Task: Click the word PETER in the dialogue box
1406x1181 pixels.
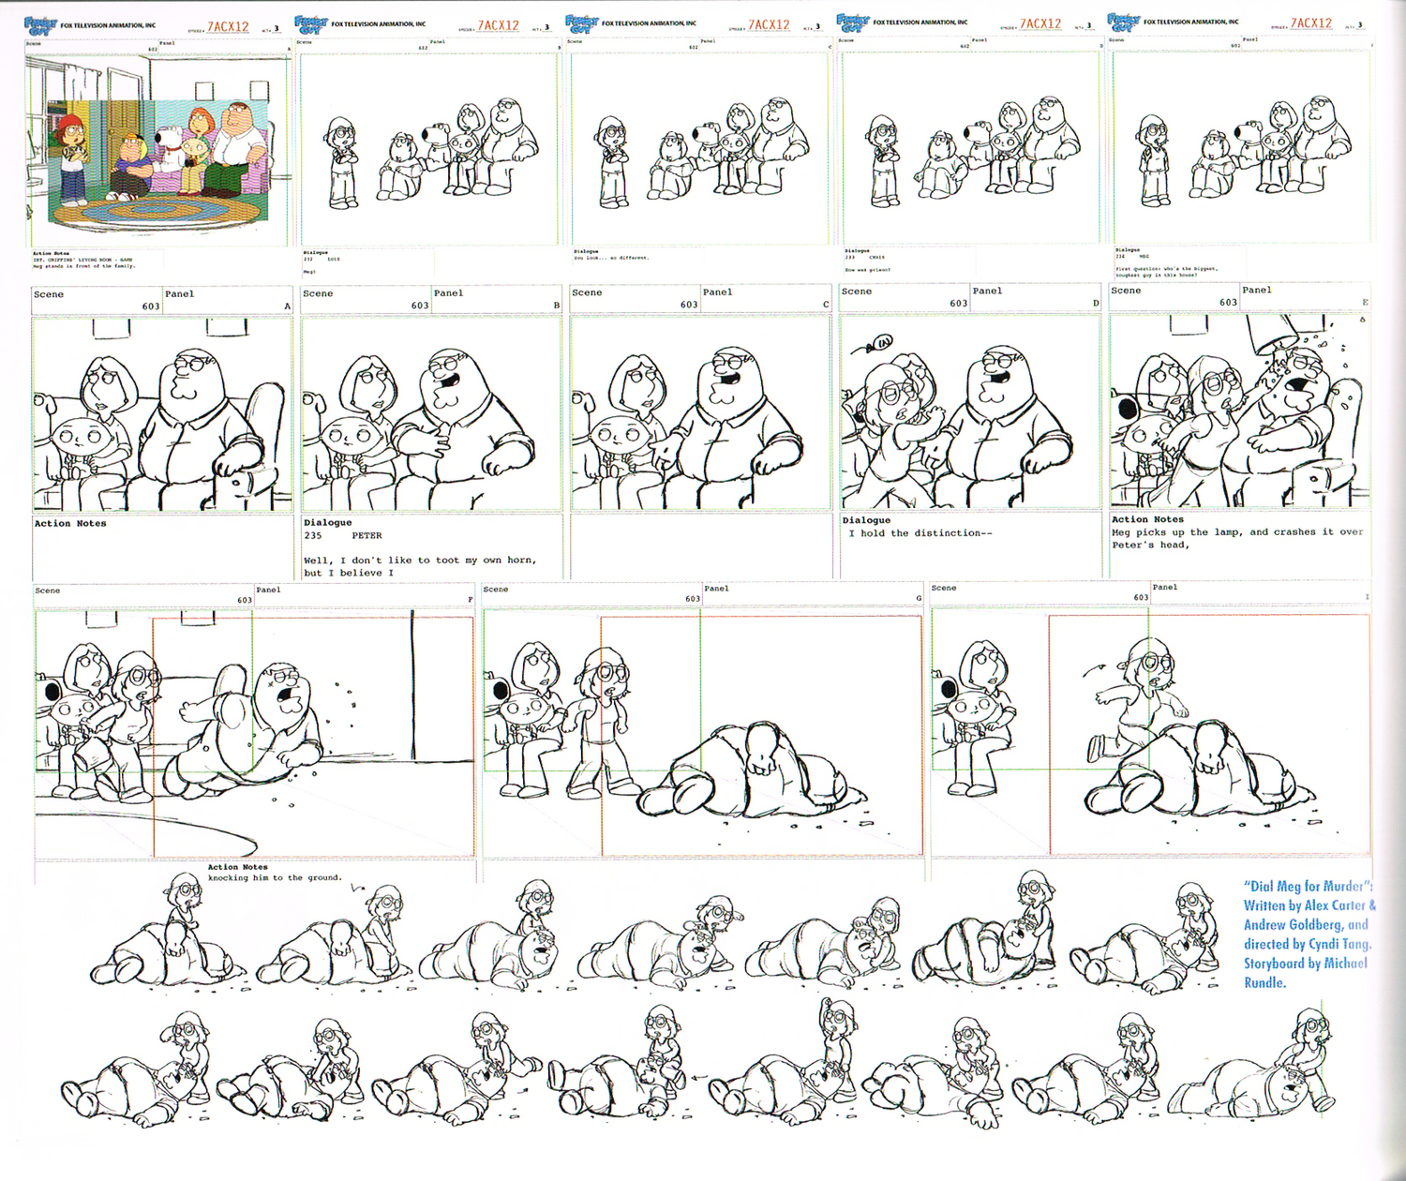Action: [366, 536]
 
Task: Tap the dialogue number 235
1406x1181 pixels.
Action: [312, 536]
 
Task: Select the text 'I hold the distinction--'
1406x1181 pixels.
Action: [920, 533]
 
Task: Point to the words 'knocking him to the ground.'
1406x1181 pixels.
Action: [275, 878]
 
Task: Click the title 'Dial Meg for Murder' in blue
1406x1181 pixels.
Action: [1308, 886]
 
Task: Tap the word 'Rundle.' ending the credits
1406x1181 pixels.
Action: [1264, 983]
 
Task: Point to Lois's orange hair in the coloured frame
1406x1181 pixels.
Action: [200, 118]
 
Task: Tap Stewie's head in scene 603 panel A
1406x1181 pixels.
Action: [76, 438]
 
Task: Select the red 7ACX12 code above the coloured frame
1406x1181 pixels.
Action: [228, 26]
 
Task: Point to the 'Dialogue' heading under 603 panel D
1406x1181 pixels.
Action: [866, 520]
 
